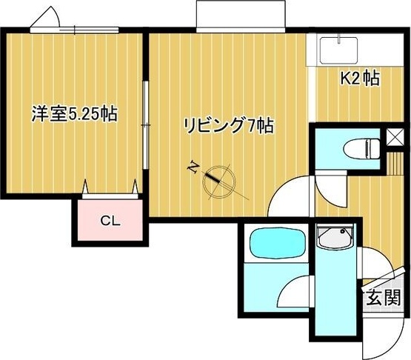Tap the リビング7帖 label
(229, 126)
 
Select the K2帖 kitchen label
(360, 79)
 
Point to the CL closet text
(110, 220)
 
